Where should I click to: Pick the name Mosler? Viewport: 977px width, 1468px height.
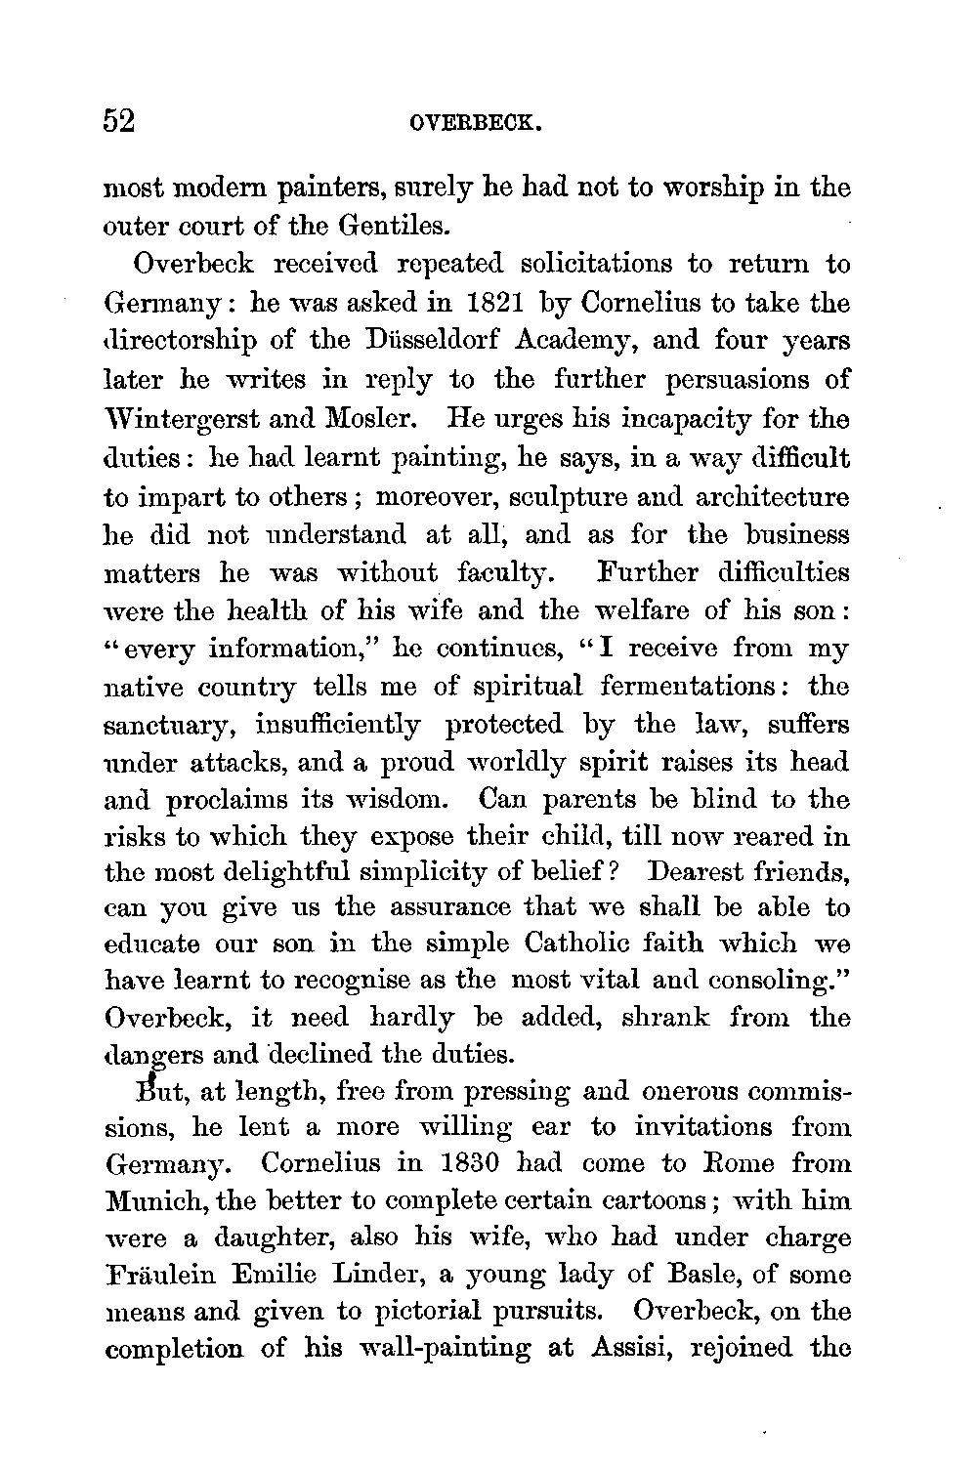click(x=366, y=418)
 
